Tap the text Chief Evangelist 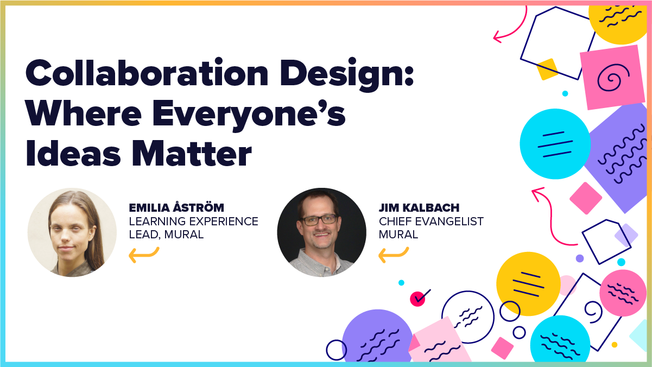tap(431, 222)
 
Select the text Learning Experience tap(193, 222)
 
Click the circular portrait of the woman tap(72, 232)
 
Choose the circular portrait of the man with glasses tap(321, 232)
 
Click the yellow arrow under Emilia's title tap(144, 254)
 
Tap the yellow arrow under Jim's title tap(393, 254)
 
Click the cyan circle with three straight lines tap(555, 144)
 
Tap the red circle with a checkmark tap(418, 298)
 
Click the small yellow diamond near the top tap(547, 69)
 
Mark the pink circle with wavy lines tap(623, 293)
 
